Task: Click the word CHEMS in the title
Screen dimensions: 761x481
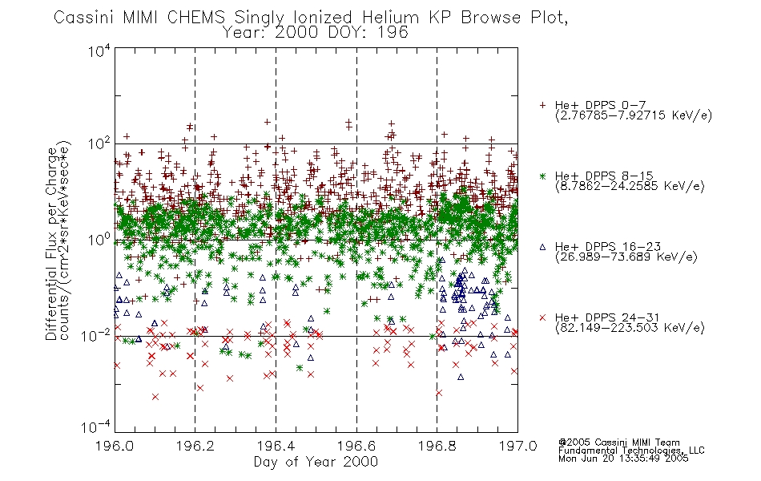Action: point(196,18)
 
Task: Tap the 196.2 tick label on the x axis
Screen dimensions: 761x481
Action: point(195,446)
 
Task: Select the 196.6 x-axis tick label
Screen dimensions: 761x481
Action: point(356,446)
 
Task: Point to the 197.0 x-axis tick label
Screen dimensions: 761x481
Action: point(517,446)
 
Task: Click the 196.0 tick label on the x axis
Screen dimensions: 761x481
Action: point(115,446)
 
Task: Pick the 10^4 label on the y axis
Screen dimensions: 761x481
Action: point(99,51)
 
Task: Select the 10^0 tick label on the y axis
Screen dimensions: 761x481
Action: point(99,240)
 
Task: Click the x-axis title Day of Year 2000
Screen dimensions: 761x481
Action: point(316,462)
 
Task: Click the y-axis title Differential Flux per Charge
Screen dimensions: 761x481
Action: point(52,244)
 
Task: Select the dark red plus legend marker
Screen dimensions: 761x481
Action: point(542,105)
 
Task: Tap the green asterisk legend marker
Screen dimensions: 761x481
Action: point(542,176)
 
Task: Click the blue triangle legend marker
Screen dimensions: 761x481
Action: point(542,247)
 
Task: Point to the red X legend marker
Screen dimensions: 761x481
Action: point(542,317)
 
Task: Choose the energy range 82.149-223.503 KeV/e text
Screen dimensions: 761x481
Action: point(630,328)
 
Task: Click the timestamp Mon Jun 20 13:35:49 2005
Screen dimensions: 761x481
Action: point(623,459)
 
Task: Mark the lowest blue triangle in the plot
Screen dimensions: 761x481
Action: point(461,377)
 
